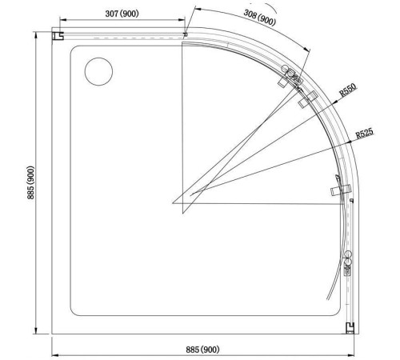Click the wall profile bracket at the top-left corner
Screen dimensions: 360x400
(58, 36)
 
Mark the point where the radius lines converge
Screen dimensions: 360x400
(174, 202)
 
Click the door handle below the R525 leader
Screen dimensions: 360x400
(339, 190)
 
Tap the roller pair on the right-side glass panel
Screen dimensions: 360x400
(348, 262)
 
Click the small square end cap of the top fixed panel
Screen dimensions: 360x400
(185, 34)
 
